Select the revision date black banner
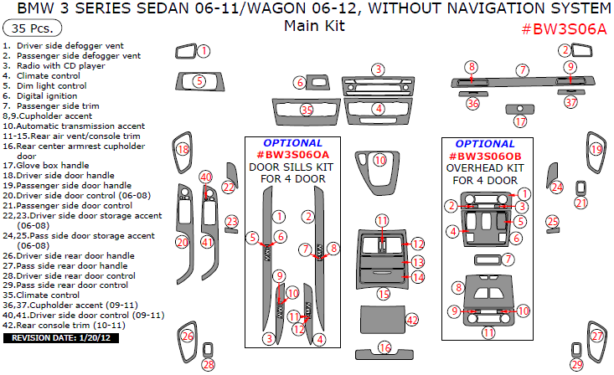click(x=62, y=338)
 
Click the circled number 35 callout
click(x=307, y=110)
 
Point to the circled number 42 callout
click(x=411, y=320)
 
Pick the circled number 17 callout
click(x=520, y=121)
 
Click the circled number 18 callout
click(x=183, y=150)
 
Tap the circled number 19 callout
click(x=596, y=150)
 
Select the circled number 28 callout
click(x=209, y=364)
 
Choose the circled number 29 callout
click(x=576, y=364)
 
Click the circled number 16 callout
click(x=384, y=347)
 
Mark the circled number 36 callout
click(x=473, y=103)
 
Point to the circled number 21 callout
click(x=581, y=202)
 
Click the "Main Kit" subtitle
click(x=314, y=26)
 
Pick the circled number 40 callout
click(x=205, y=177)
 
